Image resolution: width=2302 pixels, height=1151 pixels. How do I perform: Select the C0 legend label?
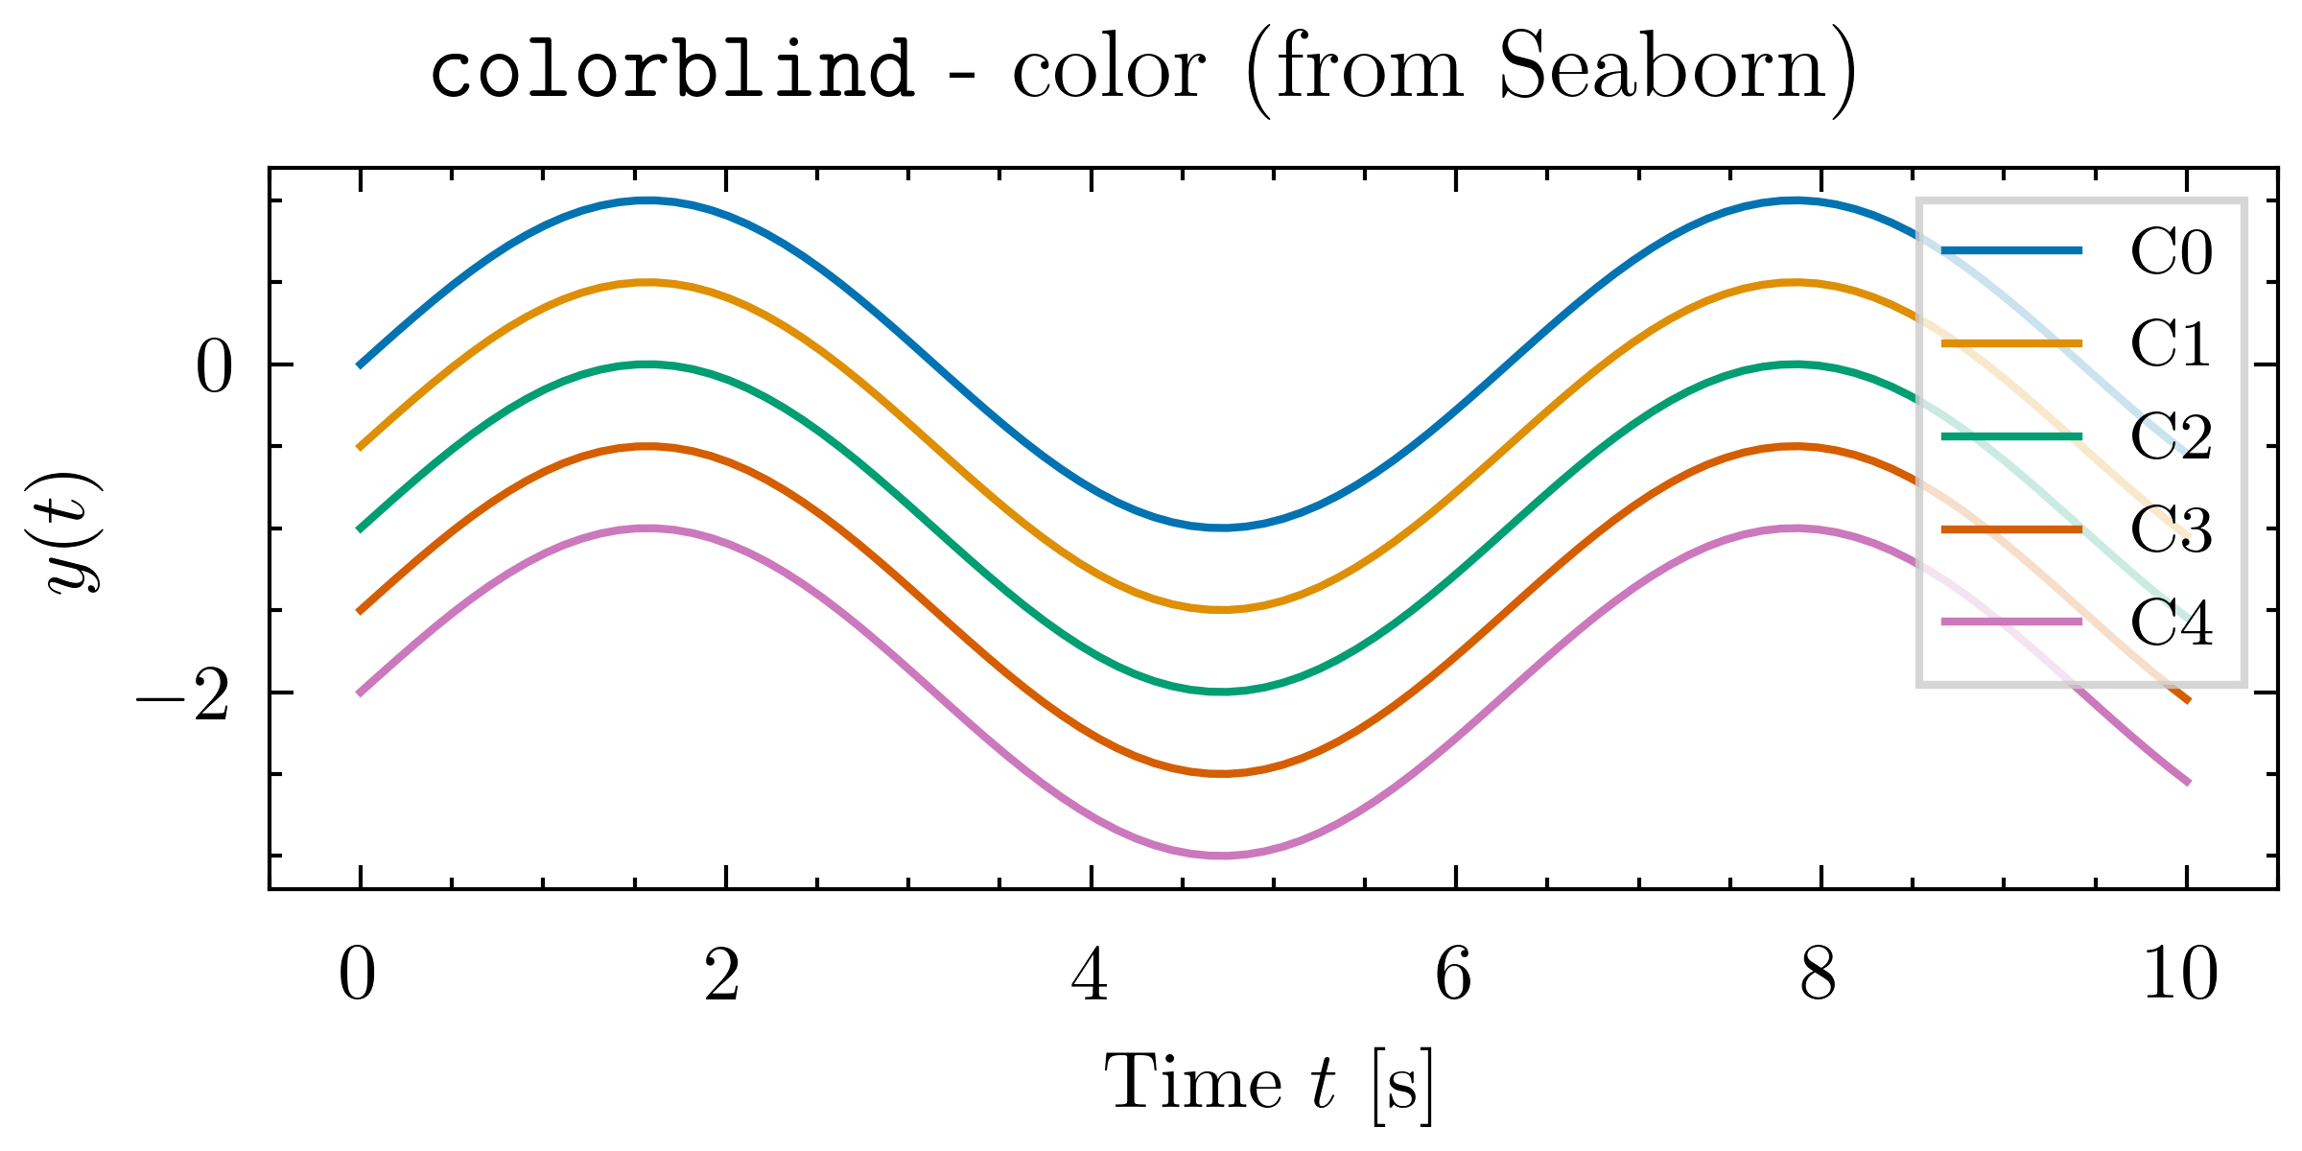point(2172,251)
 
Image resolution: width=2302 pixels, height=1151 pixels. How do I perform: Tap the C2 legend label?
point(2172,436)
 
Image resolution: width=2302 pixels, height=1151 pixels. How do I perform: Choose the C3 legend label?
point(2172,529)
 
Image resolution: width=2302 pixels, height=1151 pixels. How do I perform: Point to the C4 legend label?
point(2172,622)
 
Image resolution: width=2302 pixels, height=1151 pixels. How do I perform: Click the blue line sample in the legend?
point(2012,250)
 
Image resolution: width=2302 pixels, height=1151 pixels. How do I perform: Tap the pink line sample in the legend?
point(2012,622)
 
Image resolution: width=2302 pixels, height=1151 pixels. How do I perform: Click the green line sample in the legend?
point(2012,436)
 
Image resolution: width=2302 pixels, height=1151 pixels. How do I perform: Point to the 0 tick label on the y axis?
point(214,368)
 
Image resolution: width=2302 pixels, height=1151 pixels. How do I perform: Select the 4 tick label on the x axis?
point(1091,975)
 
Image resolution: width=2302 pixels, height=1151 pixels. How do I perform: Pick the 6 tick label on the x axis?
point(1454,975)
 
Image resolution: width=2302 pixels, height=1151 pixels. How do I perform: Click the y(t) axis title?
point(76,532)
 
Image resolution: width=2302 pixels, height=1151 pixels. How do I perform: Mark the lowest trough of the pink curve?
point(1221,855)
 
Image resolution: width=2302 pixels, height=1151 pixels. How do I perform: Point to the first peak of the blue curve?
point(648,200)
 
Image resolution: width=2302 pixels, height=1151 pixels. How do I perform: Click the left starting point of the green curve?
point(360,529)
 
